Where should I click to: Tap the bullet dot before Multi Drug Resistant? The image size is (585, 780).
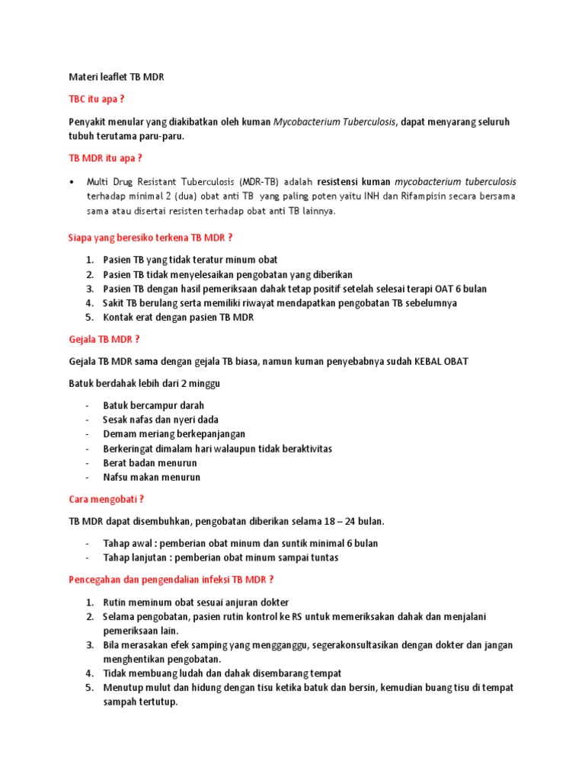pos(71,182)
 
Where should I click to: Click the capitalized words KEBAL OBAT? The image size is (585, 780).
pos(442,361)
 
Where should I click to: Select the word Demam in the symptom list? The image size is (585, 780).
pos(118,434)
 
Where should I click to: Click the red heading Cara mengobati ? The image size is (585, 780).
pos(106,500)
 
